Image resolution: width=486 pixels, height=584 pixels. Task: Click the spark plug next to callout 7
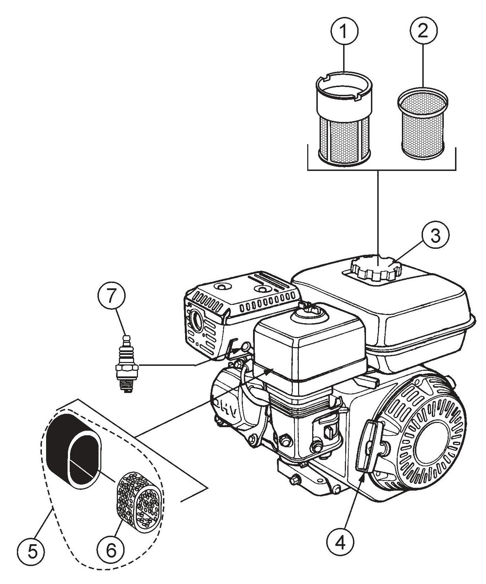pyautogui.click(x=126, y=367)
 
